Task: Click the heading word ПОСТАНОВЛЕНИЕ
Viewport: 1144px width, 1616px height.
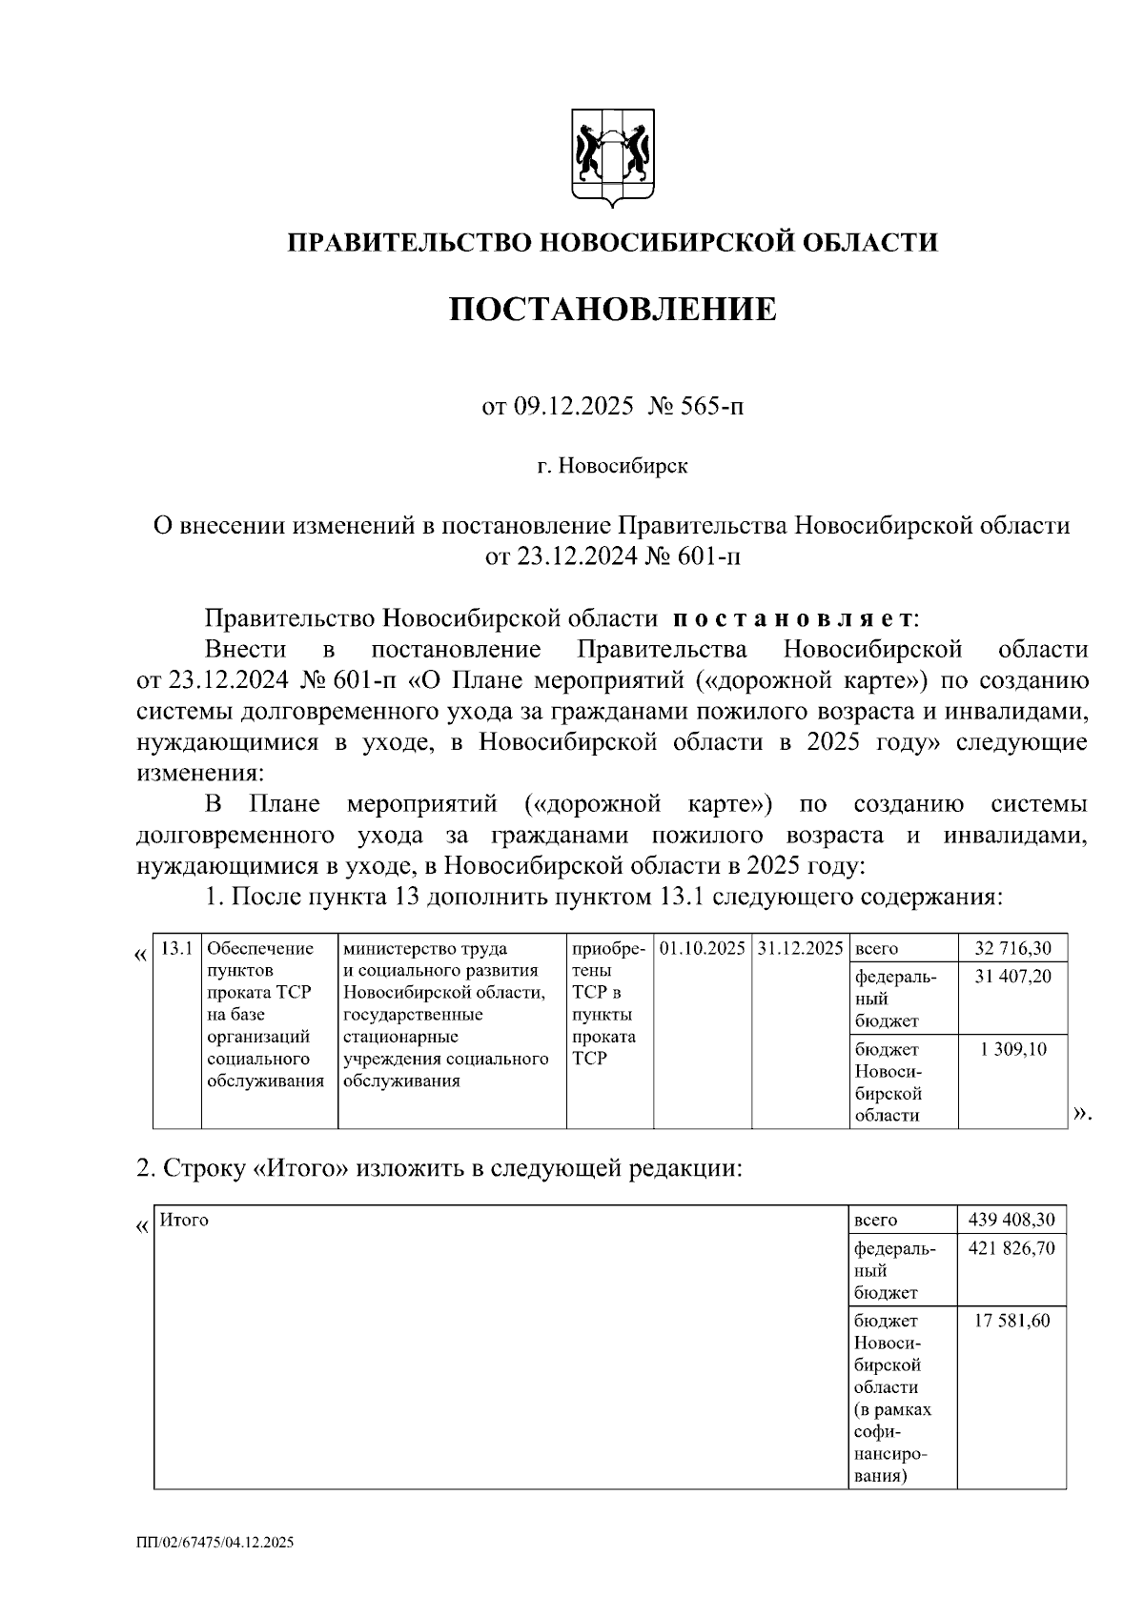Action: tap(613, 309)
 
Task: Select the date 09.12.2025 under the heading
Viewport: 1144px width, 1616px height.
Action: tap(573, 408)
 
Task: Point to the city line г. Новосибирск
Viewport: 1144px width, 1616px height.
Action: tap(611, 467)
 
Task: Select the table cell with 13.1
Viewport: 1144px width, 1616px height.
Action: tap(177, 949)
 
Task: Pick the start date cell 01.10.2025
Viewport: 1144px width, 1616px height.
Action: tap(702, 949)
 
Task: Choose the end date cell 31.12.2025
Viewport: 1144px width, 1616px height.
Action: tap(800, 949)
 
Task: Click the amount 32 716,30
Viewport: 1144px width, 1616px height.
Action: tap(1013, 949)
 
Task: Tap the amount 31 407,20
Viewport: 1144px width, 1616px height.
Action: tap(1013, 977)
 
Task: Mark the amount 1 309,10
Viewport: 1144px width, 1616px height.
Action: tap(1013, 1049)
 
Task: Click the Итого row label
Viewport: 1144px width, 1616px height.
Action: tap(184, 1220)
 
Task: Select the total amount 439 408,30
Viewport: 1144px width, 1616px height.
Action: tap(1011, 1221)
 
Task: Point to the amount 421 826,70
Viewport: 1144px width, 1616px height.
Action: tap(1011, 1248)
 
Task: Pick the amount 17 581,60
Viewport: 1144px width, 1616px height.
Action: tap(1011, 1321)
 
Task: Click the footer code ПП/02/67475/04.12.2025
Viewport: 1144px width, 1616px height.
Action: tap(214, 1542)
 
